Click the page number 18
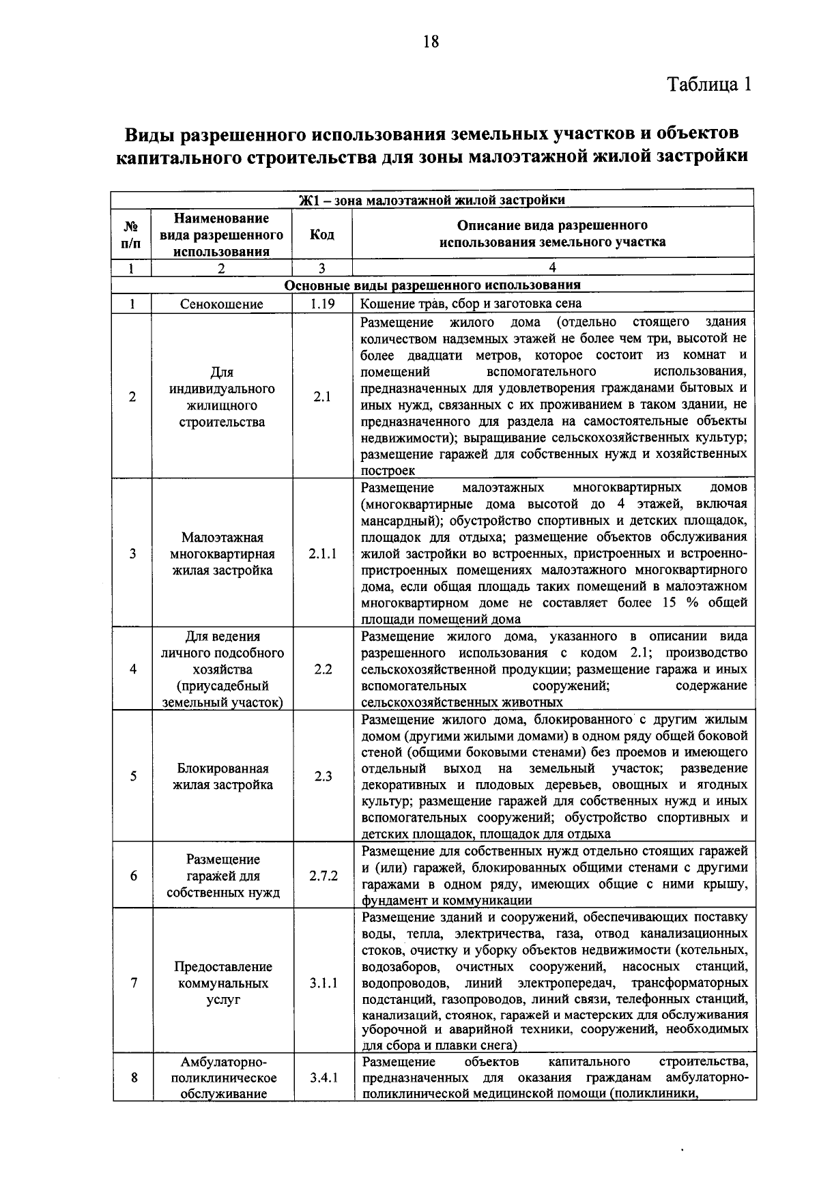[x=431, y=42]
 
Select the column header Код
[x=321, y=234]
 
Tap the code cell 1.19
[x=321, y=304]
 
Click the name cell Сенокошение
[x=221, y=304]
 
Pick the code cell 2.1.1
[x=322, y=554]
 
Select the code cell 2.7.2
[x=322, y=876]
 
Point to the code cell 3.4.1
[x=322, y=1078]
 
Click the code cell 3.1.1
[x=322, y=983]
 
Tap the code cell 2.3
[x=323, y=777]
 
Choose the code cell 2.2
[x=323, y=669]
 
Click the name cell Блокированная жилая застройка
[x=222, y=777]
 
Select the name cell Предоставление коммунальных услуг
[x=222, y=983]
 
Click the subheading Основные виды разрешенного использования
[x=433, y=285]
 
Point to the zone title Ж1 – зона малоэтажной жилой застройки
[x=433, y=200]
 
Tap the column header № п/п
[x=132, y=234]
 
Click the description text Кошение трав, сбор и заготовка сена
[x=471, y=304]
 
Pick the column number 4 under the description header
[x=552, y=268]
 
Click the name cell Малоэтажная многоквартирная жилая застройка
[x=222, y=554]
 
